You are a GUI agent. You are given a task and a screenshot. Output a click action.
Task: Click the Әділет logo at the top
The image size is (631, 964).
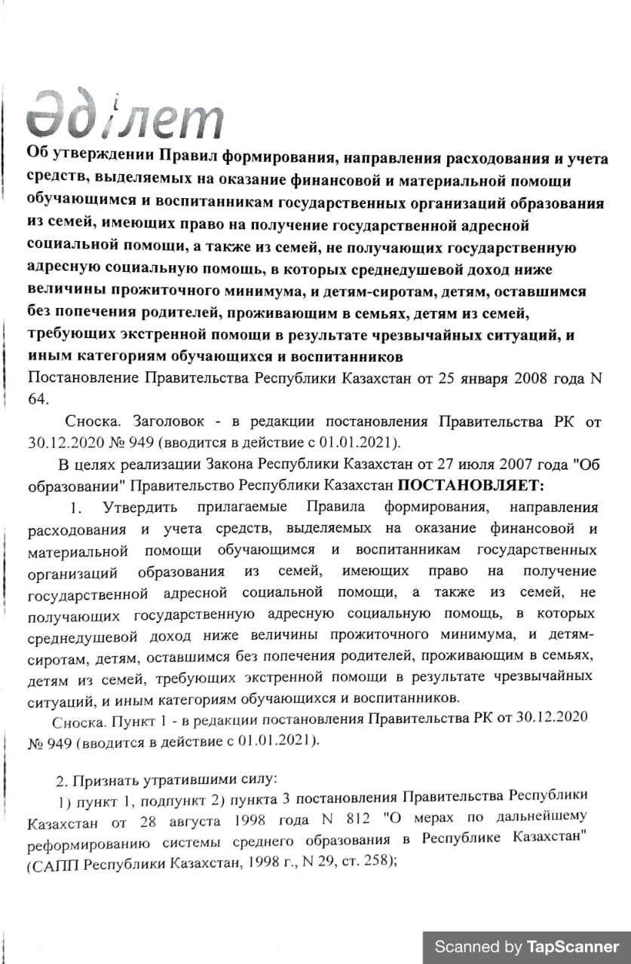coord(124,114)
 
